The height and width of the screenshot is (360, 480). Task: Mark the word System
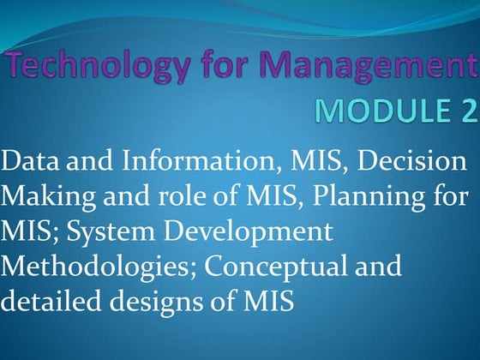click(116, 231)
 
